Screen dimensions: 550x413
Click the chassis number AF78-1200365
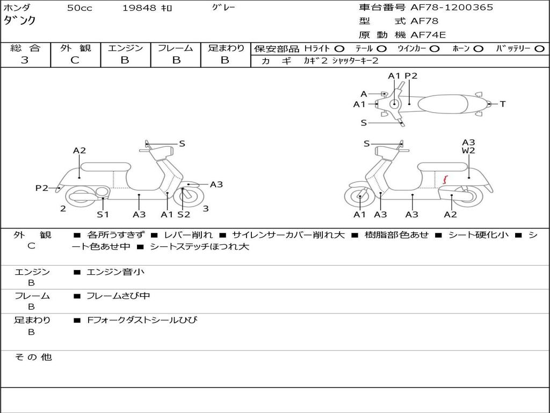point(451,8)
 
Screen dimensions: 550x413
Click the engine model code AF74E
point(428,35)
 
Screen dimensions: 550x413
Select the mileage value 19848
point(139,8)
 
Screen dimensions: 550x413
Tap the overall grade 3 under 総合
point(25,60)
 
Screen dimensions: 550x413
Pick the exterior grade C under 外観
point(75,60)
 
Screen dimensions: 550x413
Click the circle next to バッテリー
point(539,49)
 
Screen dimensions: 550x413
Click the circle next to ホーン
point(478,49)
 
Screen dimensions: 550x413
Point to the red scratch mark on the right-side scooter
point(445,180)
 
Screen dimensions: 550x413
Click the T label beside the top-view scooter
point(503,104)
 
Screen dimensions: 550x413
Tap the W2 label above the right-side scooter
point(468,151)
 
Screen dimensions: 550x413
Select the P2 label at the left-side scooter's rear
point(42,188)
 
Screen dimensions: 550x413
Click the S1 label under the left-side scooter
point(103,214)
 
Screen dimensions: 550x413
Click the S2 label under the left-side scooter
point(184,214)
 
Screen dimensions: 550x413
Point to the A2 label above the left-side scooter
point(79,151)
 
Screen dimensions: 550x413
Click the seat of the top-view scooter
point(443,104)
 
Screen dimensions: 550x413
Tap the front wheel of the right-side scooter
point(359,197)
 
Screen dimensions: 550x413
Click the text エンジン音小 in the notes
point(115,272)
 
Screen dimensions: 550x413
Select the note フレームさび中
point(118,296)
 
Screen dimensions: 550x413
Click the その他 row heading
point(33,357)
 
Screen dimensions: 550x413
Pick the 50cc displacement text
point(79,8)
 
